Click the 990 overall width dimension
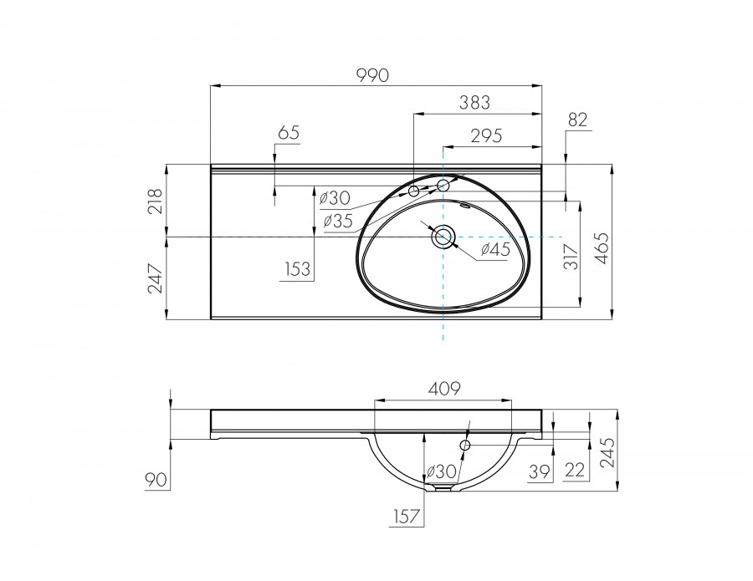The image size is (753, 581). [x=373, y=74]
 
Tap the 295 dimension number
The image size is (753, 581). [x=485, y=136]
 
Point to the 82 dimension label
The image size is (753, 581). [x=577, y=120]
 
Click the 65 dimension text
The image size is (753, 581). [x=288, y=132]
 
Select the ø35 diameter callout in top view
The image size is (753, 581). [x=337, y=221]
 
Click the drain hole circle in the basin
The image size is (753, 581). [x=443, y=237]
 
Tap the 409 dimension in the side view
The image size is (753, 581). [x=444, y=388]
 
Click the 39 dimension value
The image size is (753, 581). [x=541, y=471]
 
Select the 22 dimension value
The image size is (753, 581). [x=575, y=471]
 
